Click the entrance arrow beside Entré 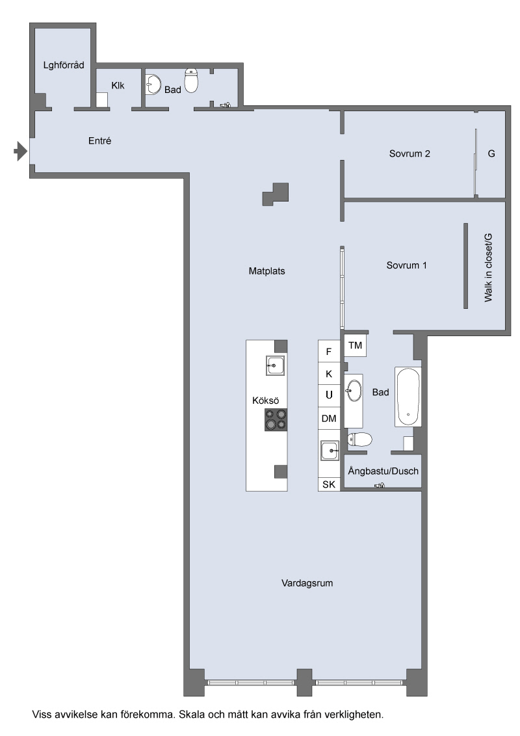[20, 151]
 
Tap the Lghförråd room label [64, 65]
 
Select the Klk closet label [118, 85]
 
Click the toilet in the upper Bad [191, 80]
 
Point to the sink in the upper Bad [153, 85]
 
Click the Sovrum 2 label [409, 153]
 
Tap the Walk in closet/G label [489, 267]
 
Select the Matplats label [266, 271]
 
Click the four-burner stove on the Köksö [276, 419]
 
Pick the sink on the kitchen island [276, 365]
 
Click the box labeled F [329, 351]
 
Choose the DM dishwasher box [329, 418]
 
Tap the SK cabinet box [329, 484]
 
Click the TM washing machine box [356, 345]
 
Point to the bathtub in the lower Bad [408, 397]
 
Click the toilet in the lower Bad [359, 440]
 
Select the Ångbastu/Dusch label [383, 471]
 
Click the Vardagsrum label [307, 583]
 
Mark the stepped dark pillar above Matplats [276, 194]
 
